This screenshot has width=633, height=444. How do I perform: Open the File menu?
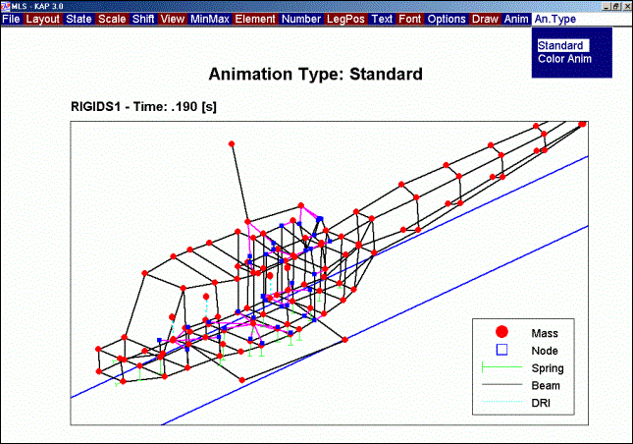tap(12, 19)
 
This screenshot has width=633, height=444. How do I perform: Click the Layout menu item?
tap(43, 19)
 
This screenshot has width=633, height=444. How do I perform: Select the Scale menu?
tap(112, 19)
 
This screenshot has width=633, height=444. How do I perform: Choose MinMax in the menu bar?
tap(210, 19)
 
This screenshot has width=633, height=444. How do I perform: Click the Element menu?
tap(255, 19)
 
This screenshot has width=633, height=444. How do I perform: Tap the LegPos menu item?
tap(345, 19)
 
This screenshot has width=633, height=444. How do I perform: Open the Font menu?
tap(410, 19)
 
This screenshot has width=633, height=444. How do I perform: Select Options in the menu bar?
tap(447, 19)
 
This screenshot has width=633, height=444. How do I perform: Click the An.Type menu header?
tap(555, 19)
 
